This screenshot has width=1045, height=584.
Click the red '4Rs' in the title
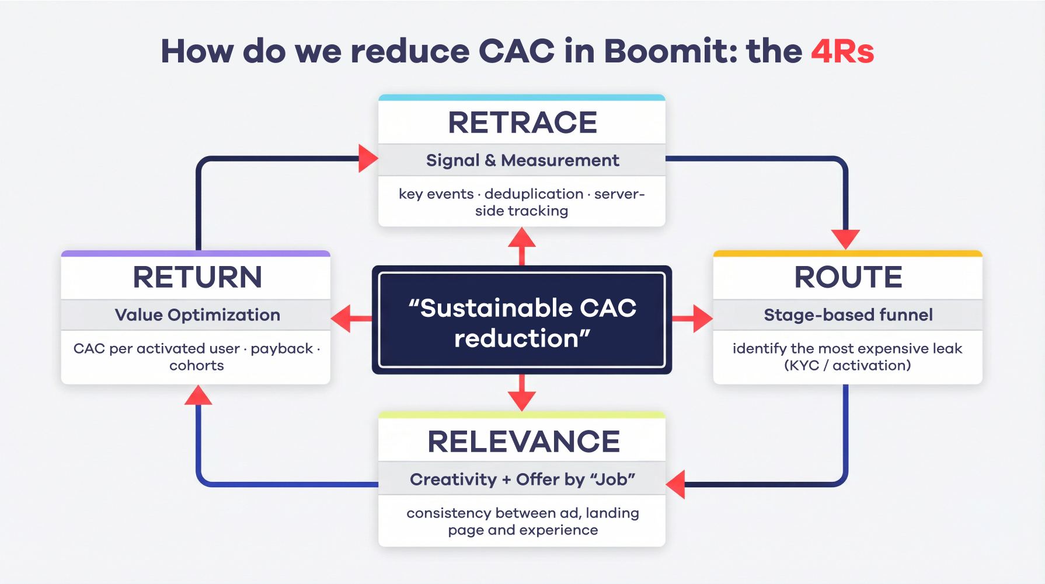coord(842,51)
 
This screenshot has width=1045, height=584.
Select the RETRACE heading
coord(522,123)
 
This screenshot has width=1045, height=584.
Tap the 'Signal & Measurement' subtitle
coord(522,160)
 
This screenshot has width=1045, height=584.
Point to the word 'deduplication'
coord(534,194)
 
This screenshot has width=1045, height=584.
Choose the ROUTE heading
coord(848,277)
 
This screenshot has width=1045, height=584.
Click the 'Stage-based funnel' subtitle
coord(848,315)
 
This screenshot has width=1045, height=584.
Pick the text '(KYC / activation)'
coord(847,366)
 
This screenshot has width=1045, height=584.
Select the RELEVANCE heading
coord(523,442)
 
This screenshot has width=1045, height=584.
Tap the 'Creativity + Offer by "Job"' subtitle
coord(522,480)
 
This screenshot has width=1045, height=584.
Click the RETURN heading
coord(197,277)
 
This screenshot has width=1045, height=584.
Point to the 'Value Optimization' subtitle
coord(197,315)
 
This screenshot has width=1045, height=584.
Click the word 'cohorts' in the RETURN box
coord(197,366)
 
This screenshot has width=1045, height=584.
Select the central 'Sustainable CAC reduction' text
coord(522,323)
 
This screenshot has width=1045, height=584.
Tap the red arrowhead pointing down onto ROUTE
coord(845,239)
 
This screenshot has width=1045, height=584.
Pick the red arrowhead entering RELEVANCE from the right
coord(677,484)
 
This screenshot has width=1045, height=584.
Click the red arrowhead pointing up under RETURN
coord(198,396)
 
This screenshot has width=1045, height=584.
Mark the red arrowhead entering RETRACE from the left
coord(368,158)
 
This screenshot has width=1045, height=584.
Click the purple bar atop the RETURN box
coord(196,254)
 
